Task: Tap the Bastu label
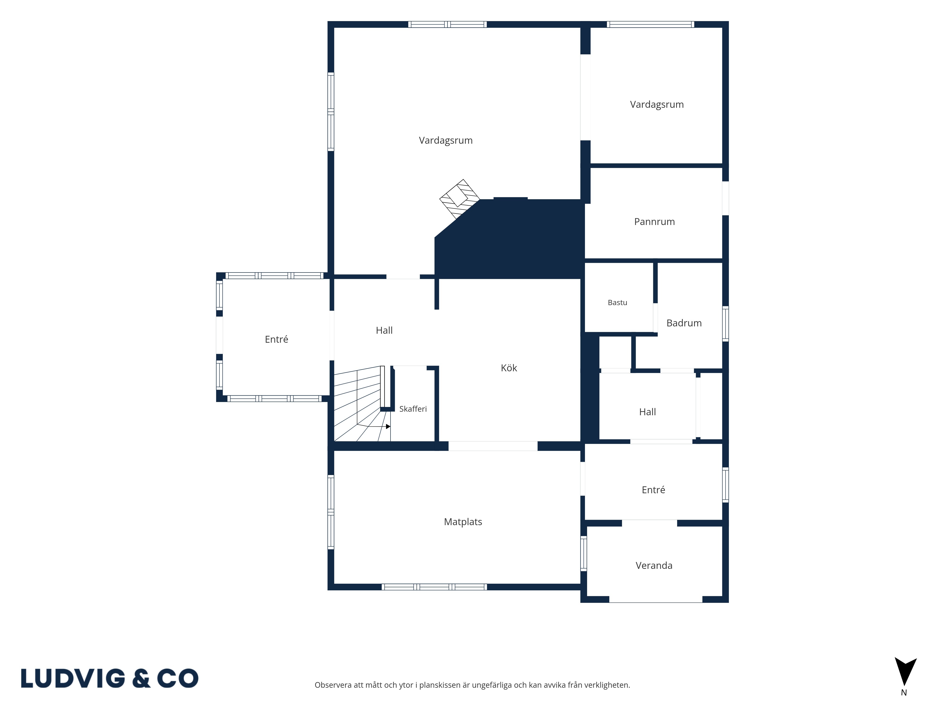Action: click(x=617, y=303)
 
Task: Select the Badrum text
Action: click(x=684, y=323)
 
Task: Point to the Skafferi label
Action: click(x=413, y=409)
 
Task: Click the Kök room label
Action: click(x=509, y=368)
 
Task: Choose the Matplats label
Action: click(x=463, y=522)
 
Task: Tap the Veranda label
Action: click(x=654, y=565)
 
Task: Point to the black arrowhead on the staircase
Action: click(x=388, y=427)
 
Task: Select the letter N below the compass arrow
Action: click(x=904, y=693)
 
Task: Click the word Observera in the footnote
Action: click(x=333, y=685)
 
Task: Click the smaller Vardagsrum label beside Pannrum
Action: click(x=657, y=105)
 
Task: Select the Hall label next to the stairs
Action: click(x=384, y=330)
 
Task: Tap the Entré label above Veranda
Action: click(x=653, y=490)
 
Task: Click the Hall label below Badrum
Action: click(x=647, y=412)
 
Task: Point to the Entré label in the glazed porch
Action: click(x=276, y=339)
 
